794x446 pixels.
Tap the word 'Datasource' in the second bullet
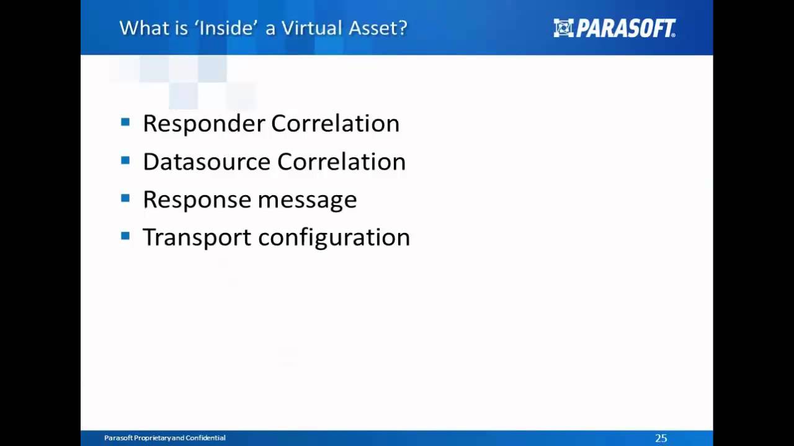point(207,162)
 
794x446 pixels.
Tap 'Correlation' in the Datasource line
point(341,162)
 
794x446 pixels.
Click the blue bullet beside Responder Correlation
point(125,123)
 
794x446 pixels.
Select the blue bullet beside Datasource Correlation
point(125,160)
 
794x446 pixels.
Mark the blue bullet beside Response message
point(125,198)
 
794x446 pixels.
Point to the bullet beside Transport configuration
point(125,236)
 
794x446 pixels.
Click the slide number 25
point(661,438)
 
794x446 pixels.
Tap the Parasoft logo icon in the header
point(563,28)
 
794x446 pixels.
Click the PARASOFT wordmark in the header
point(625,28)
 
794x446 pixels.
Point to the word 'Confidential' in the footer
point(205,438)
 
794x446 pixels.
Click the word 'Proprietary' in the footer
point(150,438)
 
